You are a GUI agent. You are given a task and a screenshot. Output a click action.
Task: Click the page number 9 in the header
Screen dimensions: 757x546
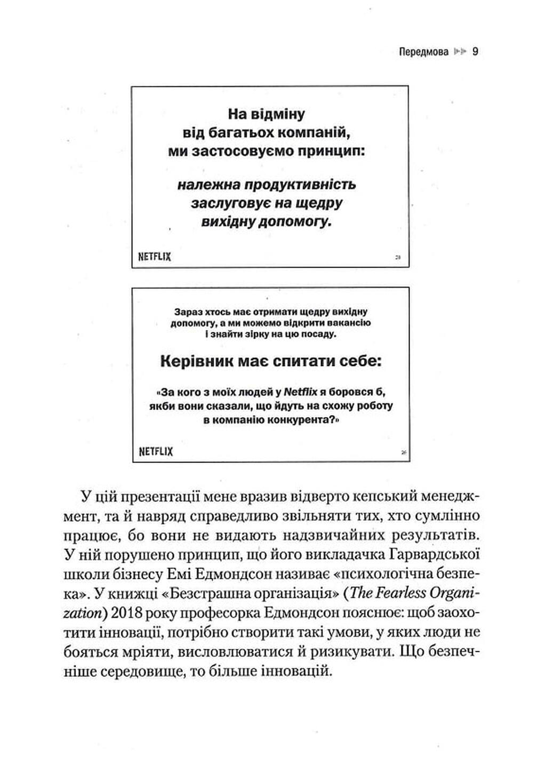pos(476,52)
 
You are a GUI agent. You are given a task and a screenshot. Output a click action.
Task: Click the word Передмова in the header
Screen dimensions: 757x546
pos(423,52)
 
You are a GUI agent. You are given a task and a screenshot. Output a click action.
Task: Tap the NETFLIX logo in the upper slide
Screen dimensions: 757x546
pos(155,257)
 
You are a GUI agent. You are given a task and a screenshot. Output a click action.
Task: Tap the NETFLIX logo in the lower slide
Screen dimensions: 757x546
pos(156,452)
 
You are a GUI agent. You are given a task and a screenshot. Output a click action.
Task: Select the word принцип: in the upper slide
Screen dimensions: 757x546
pos(332,152)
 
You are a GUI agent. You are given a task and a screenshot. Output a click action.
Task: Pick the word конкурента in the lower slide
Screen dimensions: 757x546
pos(301,420)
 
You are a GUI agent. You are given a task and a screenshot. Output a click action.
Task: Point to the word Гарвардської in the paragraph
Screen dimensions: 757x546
pos(432,555)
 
